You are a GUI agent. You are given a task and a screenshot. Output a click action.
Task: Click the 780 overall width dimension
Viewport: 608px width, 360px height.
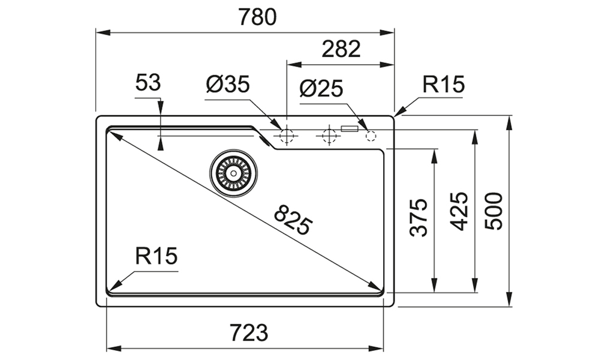257,17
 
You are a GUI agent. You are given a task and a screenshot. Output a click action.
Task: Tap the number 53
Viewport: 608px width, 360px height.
148,83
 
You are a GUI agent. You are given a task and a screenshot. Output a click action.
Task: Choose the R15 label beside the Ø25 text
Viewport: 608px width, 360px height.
443,85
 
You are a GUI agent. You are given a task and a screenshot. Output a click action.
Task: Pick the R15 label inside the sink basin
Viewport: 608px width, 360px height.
156,257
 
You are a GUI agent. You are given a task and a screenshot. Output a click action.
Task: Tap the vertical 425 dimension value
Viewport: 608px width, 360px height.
460,211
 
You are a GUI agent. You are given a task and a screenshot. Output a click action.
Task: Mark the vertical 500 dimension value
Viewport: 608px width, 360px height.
493,211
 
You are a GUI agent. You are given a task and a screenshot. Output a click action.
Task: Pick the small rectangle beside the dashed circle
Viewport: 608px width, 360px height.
350,128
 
